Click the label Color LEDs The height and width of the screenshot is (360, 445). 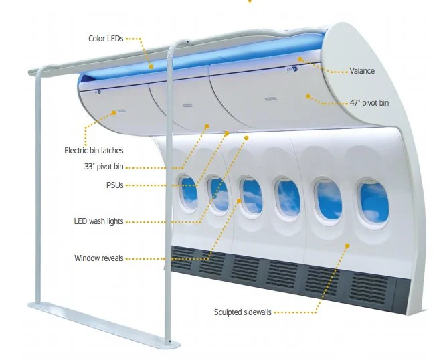(x=106, y=38)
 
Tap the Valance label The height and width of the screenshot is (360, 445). (x=362, y=70)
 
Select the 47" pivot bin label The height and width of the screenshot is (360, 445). (x=369, y=103)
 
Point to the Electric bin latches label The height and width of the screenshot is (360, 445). (x=94, y=151)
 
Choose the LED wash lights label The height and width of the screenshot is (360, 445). (x=98, y=221)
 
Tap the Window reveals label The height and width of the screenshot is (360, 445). (x=98, y=258)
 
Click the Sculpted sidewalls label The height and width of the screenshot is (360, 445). (x=243, y=312)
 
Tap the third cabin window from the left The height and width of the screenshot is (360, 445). (x=252, y=195)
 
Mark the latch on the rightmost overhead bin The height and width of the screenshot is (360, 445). (x=270, y=99)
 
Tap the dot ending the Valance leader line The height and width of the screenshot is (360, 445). (x=300, y=59)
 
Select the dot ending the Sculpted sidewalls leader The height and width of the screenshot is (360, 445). (x=347, y=246)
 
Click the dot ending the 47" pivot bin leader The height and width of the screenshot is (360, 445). (x=308, y=96)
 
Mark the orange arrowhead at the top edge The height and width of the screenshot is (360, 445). (x=250, y=2)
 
